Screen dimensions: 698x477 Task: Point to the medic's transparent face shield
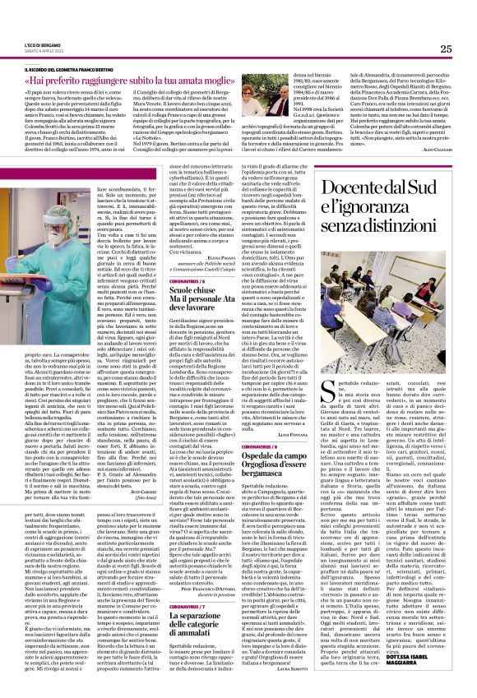(x=42, y=206)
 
